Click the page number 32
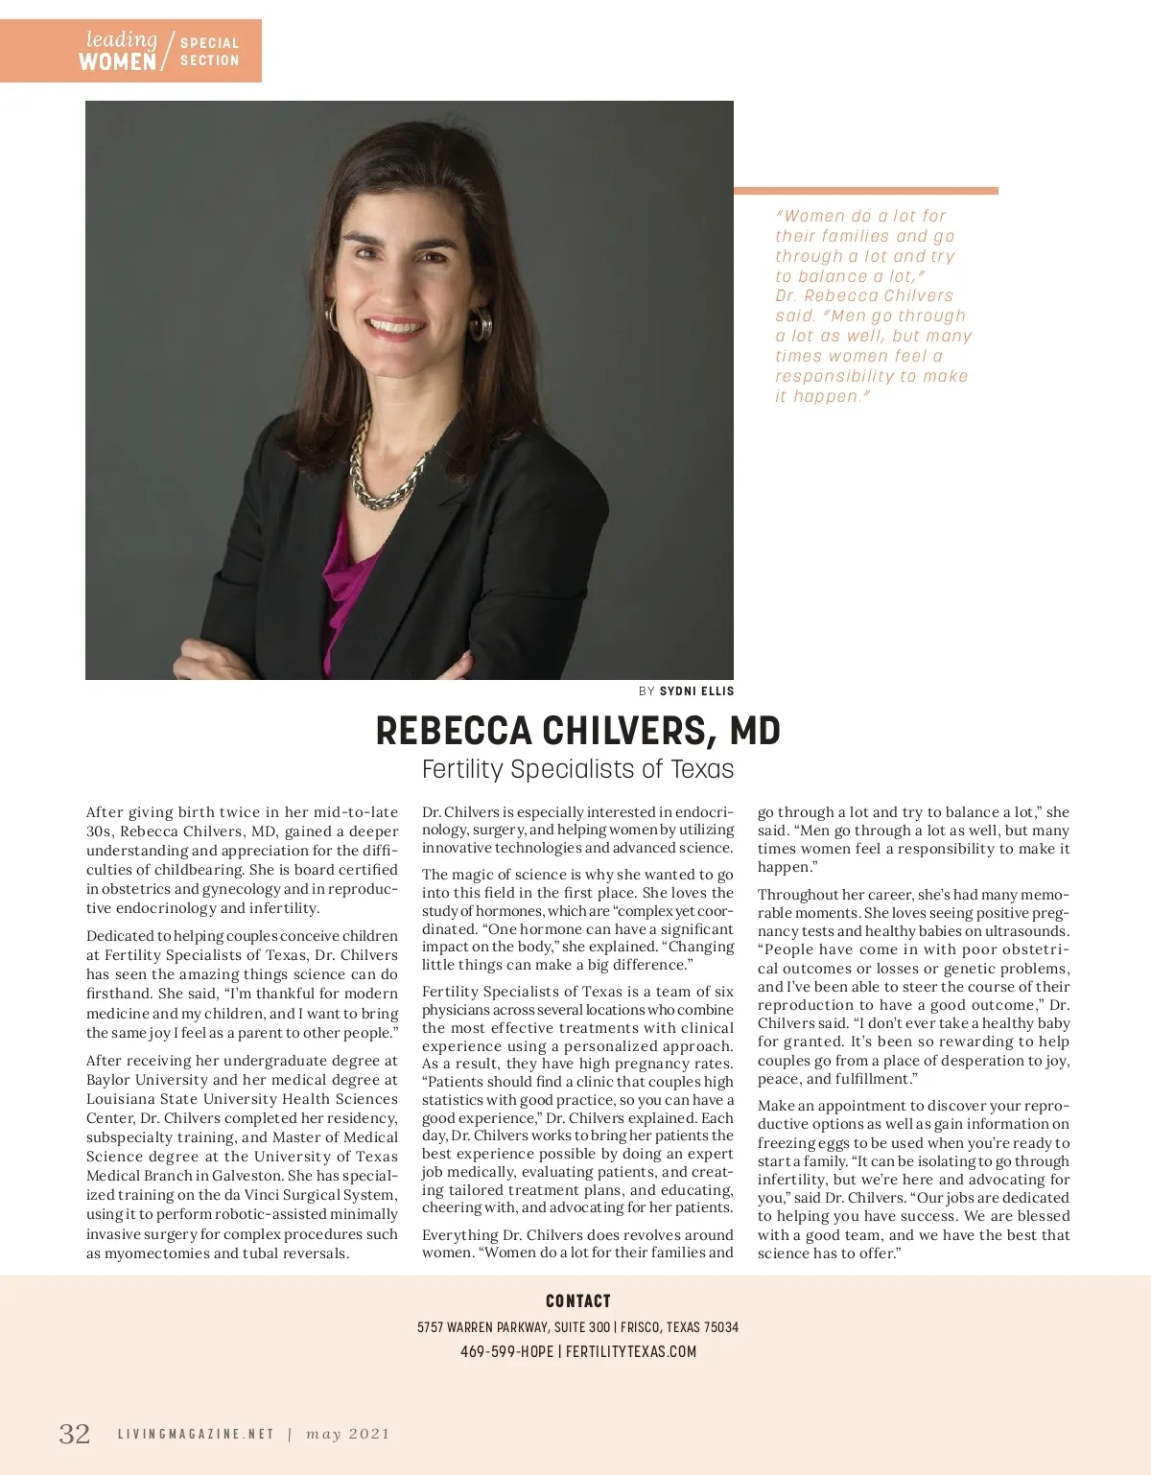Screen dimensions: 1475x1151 tap(75, 1434)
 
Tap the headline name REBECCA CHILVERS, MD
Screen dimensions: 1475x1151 tap(577, 731)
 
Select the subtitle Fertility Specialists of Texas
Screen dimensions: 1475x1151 tap(577, 769)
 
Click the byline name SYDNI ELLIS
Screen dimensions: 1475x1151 tap(696, 691)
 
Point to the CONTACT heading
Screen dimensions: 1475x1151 tap(577, 1300)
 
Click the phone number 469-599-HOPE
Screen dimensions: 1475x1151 tap(506, 1351)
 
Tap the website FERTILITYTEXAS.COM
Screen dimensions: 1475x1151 tap(631, 1351)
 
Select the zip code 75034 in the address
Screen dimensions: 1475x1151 tap(721, 1327)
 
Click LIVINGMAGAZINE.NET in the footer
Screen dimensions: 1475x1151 tap(196, 1434)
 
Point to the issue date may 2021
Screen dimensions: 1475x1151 tap(348, 1434)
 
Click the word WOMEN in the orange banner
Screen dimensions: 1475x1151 tap(117, 62)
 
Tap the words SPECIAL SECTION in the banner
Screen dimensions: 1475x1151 tap(209, 51)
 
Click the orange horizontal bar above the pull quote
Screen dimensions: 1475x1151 tap(865, 191)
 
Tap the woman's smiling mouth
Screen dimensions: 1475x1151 tap(395, 326)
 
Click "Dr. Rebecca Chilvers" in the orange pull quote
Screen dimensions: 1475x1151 tap(863, 295)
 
